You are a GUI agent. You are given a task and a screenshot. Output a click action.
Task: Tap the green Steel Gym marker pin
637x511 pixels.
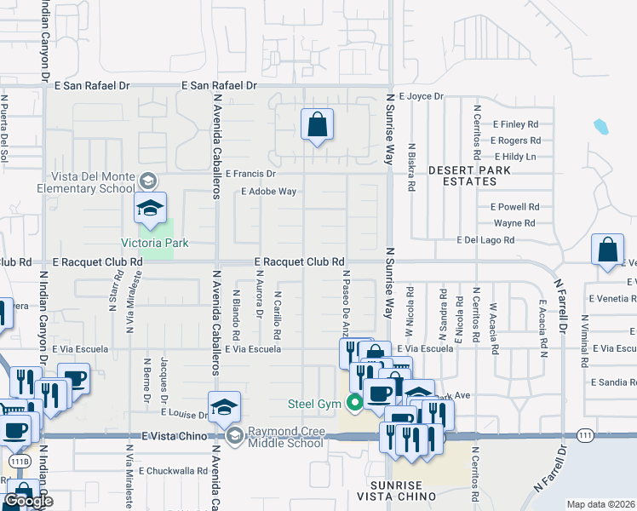pos(351,402)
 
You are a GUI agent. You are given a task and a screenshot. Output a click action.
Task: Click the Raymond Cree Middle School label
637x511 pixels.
pos(285,437)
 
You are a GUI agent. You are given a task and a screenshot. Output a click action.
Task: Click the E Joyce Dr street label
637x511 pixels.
pos(421,97)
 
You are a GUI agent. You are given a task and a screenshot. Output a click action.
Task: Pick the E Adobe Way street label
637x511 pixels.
pos(269,192)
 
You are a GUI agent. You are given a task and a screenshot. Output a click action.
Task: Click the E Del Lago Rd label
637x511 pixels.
pos(486,241)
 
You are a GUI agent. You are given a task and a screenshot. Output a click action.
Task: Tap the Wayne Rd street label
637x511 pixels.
pos(514,223)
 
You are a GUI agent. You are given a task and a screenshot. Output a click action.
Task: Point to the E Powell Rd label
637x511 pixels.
pos(515,207)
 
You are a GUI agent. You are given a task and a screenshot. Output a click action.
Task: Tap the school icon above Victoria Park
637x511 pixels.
pos(150,209)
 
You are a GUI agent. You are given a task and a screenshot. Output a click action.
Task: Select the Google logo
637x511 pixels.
pos(28,501)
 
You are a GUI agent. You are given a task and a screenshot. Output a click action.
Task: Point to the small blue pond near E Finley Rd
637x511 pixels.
pos(601,128)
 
